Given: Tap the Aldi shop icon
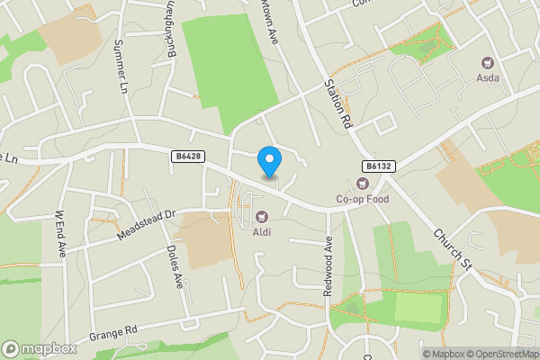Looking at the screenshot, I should pyautogui.click(x=262, y=216).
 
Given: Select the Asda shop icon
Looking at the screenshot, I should pyautogui.click(x=489, y=63).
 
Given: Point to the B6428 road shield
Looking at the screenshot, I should pyautogui.click(x=188, y=157).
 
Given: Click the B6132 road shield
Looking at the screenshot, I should pyautogui.click(x=379, y=166).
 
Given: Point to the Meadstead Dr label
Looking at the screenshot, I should pyautogui.click(x=143, y=226).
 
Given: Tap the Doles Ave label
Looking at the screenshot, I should pyautogui.click(x=175, y=267).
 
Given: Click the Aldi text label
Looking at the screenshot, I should pyautogui.click(x=262, y=232).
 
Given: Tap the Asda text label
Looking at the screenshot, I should pyautogui.click(x=489, y=79).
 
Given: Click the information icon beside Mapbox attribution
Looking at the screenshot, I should pyautogui.click(x=413, y=354).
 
